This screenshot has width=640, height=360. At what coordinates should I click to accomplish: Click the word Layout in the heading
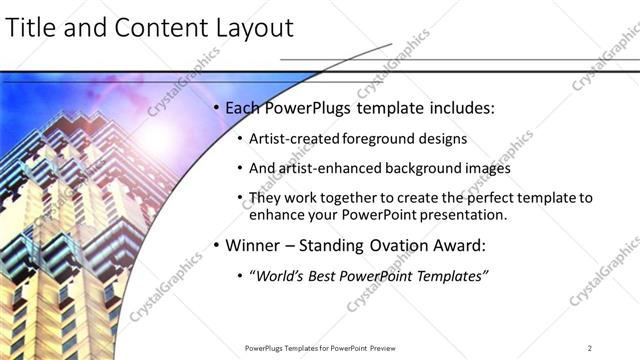[254, 29]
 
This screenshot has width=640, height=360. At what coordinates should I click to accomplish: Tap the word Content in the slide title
[159, 29]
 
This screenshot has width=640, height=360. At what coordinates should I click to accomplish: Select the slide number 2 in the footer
[590, 347]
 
